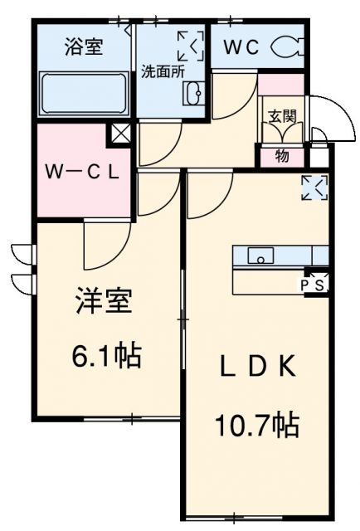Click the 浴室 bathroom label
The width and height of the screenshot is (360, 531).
pyautogui.click(x=83, y=47)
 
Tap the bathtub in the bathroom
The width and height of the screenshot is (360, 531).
pyautogui.click(x=83, y=95)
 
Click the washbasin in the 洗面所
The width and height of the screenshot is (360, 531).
pyautogui.click(x=193, y=93)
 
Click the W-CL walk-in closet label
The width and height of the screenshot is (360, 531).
pyautogui.click(x=83, y=173)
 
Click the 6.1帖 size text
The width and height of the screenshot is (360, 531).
pyautogui.click(x=105, y=358)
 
